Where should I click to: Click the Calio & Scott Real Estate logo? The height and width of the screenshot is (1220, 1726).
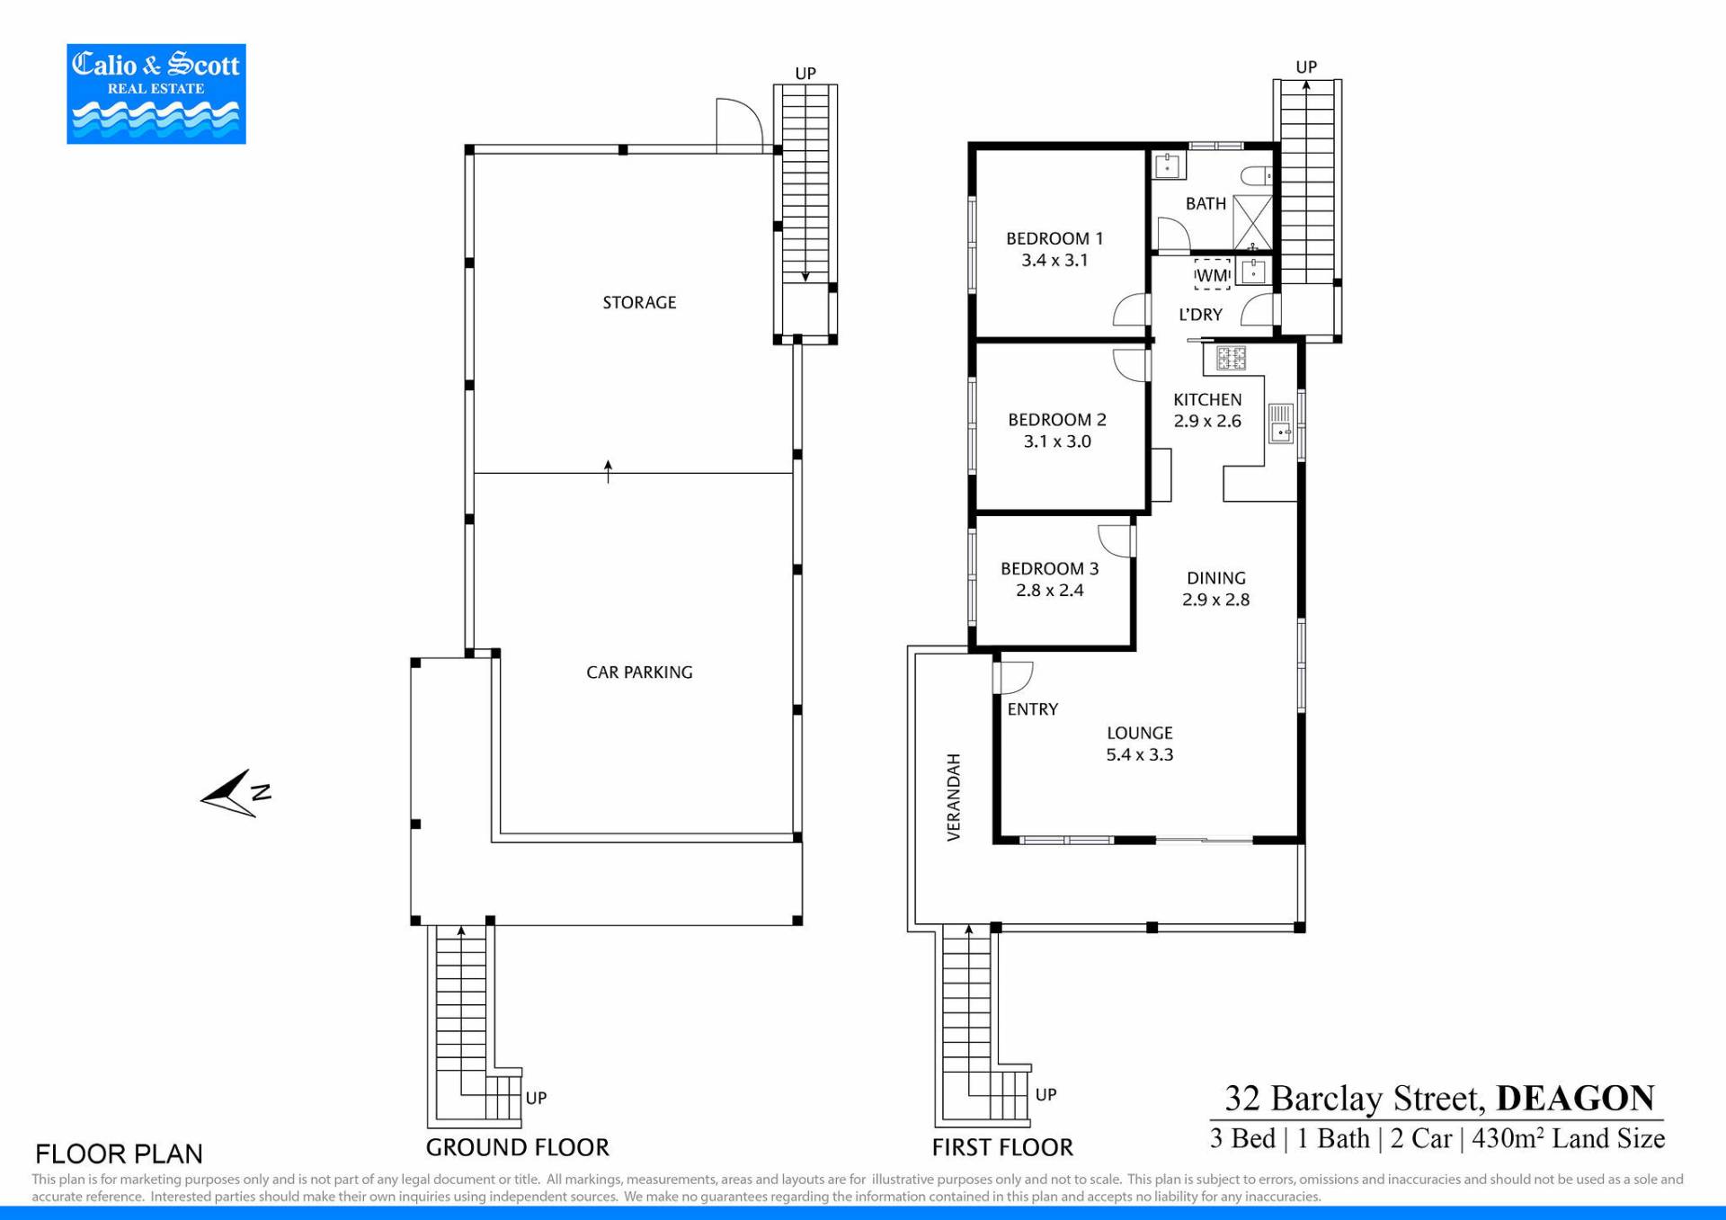[x=156, y=94]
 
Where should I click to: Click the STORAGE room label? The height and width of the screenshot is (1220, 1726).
[x=639, y=303]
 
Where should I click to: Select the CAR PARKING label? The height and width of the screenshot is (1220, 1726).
[x=639, y=672]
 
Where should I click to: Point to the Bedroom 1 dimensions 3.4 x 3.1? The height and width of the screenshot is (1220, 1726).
[x=1054, y=261]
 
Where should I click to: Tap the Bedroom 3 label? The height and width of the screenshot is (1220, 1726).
[x=1050, y=569]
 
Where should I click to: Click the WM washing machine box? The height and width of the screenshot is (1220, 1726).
[x=1212, y=274]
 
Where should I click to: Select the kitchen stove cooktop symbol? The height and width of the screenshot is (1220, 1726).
[x=1231, y=359]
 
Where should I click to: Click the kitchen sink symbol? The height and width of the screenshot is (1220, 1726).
[x=1281, y=423]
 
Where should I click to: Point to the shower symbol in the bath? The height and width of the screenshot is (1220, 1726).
[x=1252, y=222]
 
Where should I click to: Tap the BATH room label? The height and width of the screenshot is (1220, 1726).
[x=1206, y=204]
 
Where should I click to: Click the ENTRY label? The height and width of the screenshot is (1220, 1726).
[x=1033, y=709]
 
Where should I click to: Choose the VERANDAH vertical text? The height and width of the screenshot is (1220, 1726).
[x=954, y=797]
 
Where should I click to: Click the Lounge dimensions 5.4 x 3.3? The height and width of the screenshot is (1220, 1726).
[x=1140, y=755]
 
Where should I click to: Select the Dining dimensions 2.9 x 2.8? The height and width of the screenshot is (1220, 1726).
[x=1215, y=600]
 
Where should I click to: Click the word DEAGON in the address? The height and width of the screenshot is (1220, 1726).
[x=1575, y=1099]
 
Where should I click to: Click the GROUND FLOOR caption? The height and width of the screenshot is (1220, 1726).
[x=518, y=1148]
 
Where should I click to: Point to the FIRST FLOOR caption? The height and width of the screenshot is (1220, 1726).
[x=1002, y=1148]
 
